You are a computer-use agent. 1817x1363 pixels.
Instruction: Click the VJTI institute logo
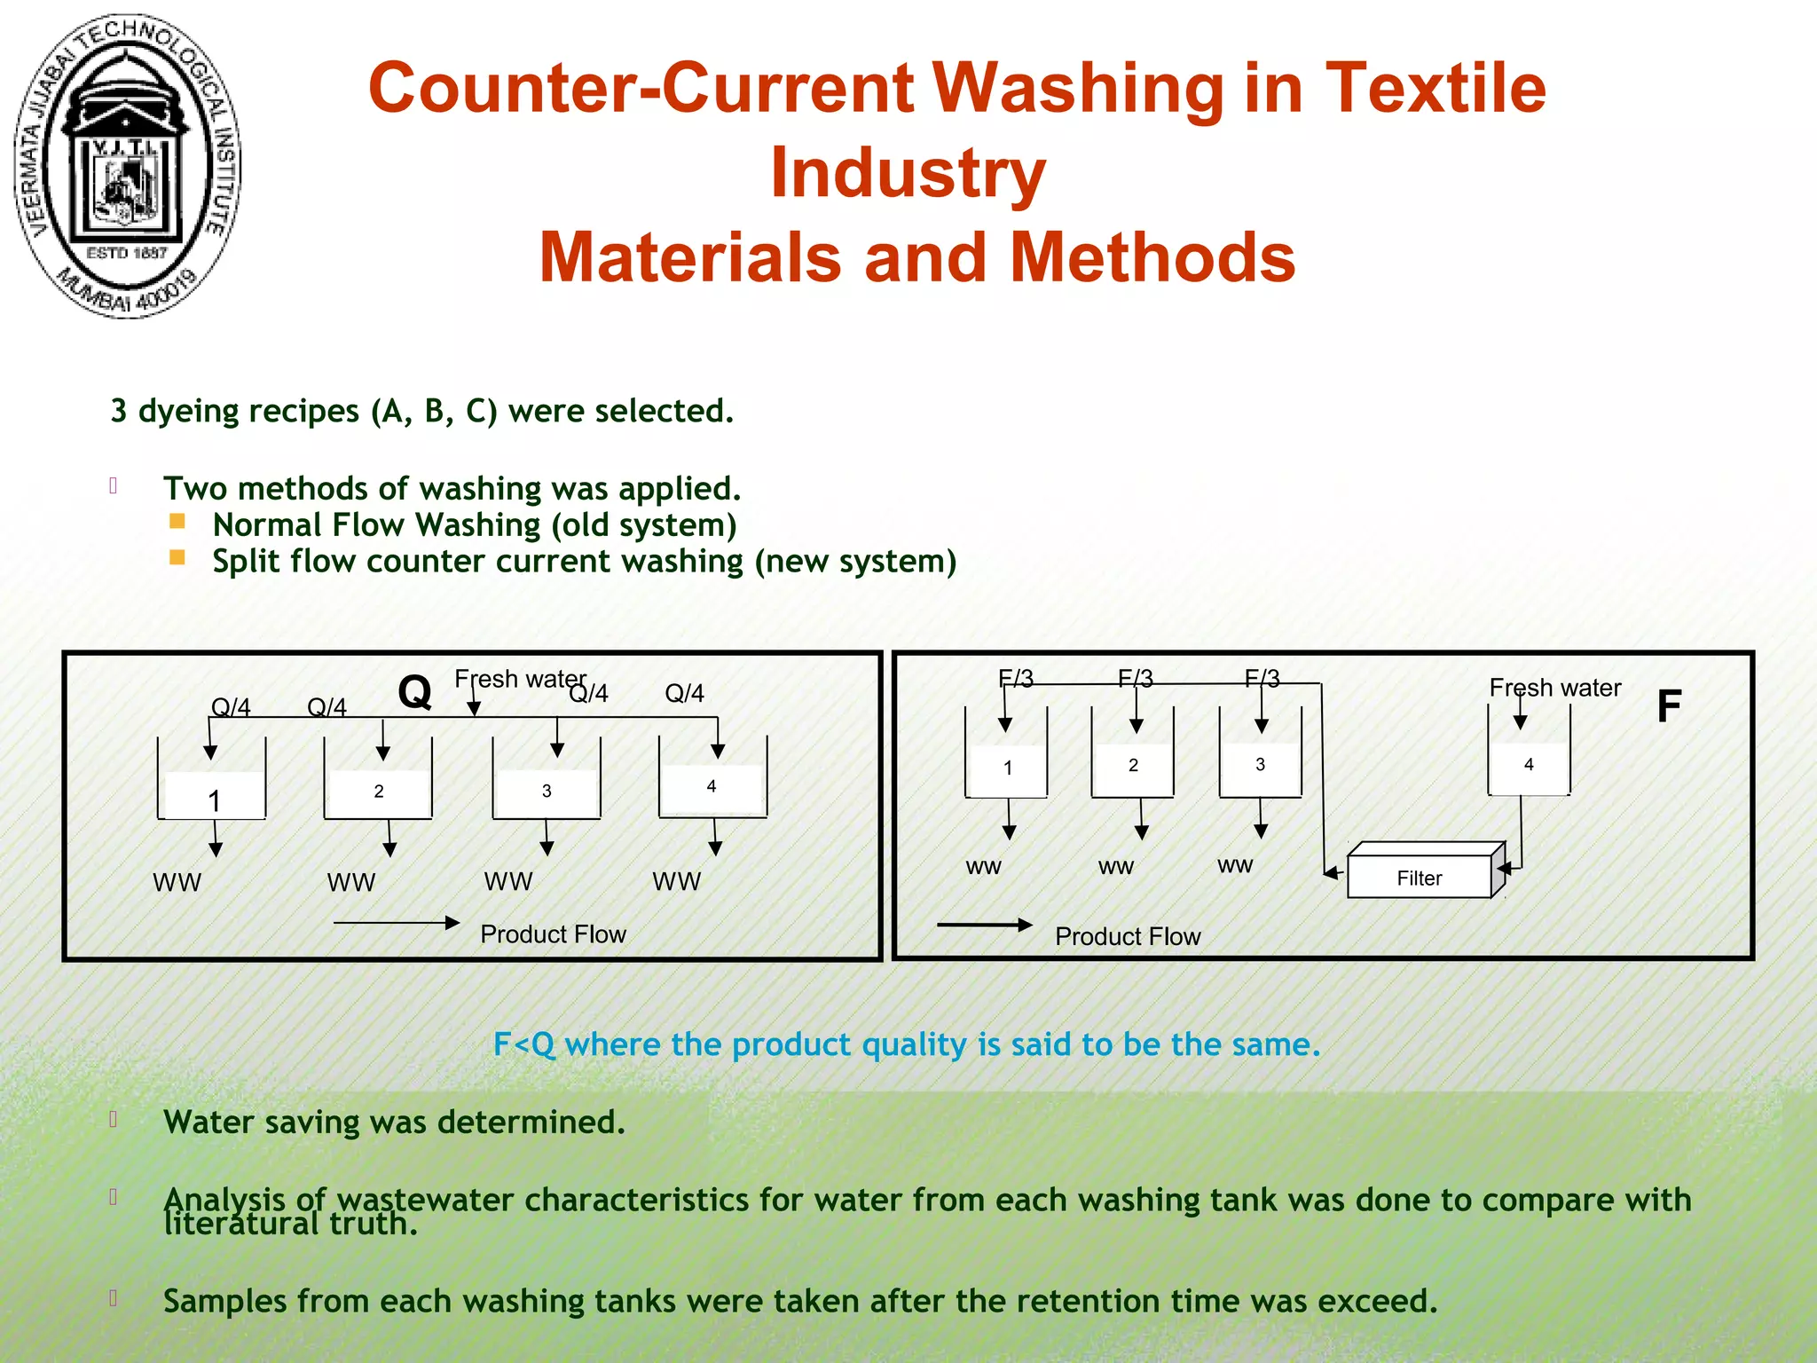point(127,166)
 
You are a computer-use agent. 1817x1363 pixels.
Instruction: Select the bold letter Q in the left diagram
point(414,692)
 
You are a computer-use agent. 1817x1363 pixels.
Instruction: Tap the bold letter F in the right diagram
point(1669,707)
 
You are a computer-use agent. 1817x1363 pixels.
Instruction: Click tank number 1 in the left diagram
point(213,794)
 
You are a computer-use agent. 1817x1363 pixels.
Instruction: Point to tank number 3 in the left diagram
point(547,791)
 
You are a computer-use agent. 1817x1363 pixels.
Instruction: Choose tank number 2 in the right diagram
point(1133,765)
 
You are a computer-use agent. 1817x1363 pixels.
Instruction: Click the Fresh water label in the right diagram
point(1554,688)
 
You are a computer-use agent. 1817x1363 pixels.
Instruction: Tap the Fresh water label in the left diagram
point(520,679)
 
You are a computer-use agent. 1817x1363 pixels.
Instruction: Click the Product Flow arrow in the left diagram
point(396,923)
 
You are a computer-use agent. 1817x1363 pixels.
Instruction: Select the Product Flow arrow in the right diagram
point(985,925)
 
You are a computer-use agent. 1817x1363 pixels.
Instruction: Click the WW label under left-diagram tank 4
point(676,882)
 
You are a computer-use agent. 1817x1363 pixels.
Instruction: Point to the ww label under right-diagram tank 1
point(983,867)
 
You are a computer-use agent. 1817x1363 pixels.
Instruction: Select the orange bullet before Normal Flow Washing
point(177,522)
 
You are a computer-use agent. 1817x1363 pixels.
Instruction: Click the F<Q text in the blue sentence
point(523,1044)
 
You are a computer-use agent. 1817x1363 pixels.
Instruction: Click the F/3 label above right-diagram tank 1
point(1015,679)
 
